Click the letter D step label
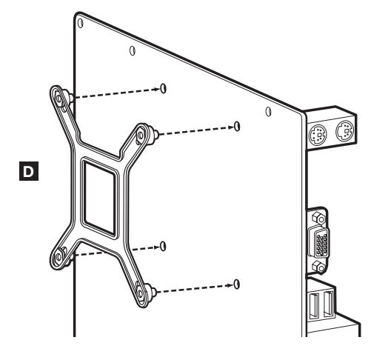(29, 171)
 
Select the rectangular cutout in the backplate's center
(99, 198)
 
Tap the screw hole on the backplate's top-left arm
(59, 99)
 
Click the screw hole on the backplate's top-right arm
(140, 135)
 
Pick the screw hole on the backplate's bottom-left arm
(59, 257)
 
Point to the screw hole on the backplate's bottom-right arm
(140, 293)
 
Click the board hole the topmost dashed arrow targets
(164, 88)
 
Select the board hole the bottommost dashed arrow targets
(237, 284)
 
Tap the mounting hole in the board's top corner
(81, 23)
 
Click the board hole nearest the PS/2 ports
(269, 111)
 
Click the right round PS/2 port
(345, 131)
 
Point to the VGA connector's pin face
(322, 244)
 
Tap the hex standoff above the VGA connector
(318, 218)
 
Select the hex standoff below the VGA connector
(318, 267)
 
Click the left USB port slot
(314, 306)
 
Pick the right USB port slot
(328, 304)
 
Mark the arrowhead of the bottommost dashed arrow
(230, 285)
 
